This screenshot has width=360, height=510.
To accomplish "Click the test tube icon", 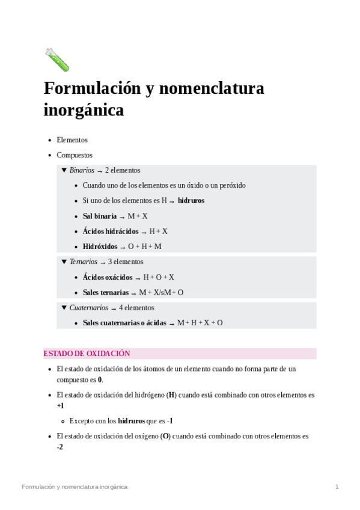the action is [x=57, y=60].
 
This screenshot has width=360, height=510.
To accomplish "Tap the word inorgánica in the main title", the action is [x=84, y=111].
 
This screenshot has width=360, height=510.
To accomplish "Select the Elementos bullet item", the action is [x=72, y=140].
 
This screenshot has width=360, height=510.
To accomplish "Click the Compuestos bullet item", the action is [x=75, y=155].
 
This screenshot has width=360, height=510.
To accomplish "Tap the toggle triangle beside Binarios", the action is [x=64, y=170].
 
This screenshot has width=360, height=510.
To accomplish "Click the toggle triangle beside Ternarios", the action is [x=64, y=262].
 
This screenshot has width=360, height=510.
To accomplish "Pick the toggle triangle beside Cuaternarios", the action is [x=64, y=307].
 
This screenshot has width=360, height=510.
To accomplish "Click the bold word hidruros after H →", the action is [x=191, y=200].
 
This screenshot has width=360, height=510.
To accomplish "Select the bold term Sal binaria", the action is [x=100, y=216].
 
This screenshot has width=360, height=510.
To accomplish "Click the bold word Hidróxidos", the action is [x=100, y=246].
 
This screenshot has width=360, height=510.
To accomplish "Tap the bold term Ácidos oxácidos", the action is [x=108, y=277].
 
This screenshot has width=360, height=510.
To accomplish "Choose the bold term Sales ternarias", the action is [x=106, y=292].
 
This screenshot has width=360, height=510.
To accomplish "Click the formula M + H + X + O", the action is [x=200, y=323].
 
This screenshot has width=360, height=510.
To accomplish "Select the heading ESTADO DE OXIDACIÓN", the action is [x=87, y=354].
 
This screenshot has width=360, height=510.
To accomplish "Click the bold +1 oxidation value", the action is [x=61, y=406].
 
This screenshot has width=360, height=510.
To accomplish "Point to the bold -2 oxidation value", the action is [x=60, y=447].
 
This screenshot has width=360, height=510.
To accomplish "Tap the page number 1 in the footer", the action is [x=337, y=487].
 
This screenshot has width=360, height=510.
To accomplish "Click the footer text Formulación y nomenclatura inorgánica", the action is [x=75, y=487].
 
